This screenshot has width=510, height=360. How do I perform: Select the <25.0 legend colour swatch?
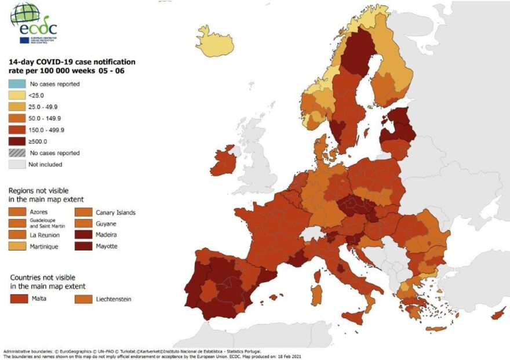[17, 95]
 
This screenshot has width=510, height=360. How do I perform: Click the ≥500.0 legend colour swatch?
[17, 141]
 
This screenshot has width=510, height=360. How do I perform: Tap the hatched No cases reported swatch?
[17, 153]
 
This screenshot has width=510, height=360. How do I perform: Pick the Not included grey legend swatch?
[17, 164]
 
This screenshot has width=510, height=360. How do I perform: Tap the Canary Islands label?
[116, 213]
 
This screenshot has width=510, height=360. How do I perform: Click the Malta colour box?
[21, 299]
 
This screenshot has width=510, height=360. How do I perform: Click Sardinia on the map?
[316, 294]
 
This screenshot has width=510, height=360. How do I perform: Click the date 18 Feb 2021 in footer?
[289, 357]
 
